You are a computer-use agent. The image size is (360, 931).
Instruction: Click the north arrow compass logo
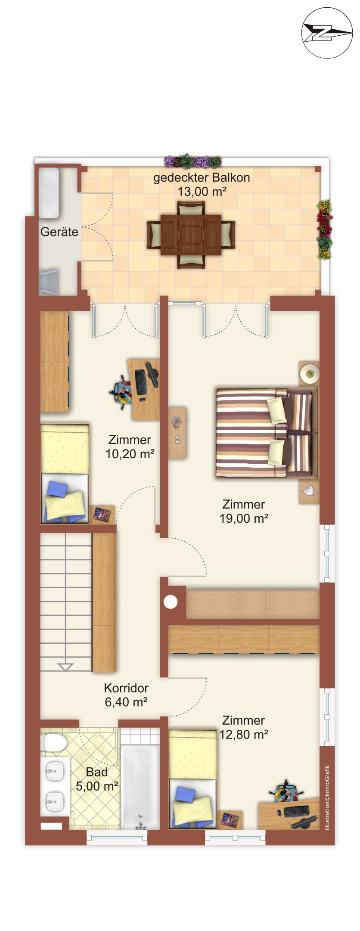tap(327, 32)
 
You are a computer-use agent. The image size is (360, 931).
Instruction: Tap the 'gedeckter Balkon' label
tap(201, 177)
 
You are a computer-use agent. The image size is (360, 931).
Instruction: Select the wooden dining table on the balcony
tap(191, 235)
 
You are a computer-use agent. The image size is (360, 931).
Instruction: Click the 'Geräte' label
tap(59, 232)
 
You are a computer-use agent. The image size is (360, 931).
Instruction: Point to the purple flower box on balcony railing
tap(192, 161)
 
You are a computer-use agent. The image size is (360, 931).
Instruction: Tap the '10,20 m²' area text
tap(130, 454)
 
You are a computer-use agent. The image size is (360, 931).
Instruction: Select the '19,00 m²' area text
tap(244, 518)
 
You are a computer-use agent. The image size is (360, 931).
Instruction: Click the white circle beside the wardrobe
tap(171, 602)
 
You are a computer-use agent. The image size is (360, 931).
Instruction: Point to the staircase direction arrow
tap(65, 667)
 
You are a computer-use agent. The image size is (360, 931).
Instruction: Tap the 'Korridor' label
tap(126, 688)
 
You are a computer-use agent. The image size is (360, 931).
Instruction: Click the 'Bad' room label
tap(96, 772)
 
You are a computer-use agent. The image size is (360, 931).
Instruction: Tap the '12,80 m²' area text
tap(244, 735)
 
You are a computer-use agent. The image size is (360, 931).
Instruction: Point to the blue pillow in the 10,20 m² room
tap(57, 490)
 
